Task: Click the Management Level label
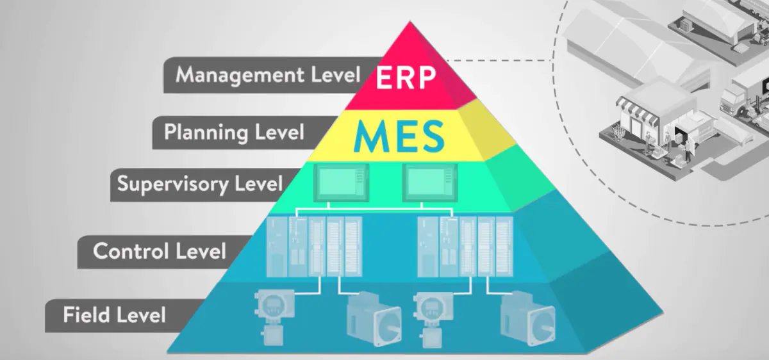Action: point(268,75)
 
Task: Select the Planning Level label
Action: point(233,133)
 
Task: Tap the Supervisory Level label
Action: point(199,184)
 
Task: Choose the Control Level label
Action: point(160,250)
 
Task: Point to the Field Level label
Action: point(115,315)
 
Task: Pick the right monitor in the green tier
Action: point(428,181)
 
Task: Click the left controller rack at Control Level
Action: point(313,246)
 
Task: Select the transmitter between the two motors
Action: point(431,315)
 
